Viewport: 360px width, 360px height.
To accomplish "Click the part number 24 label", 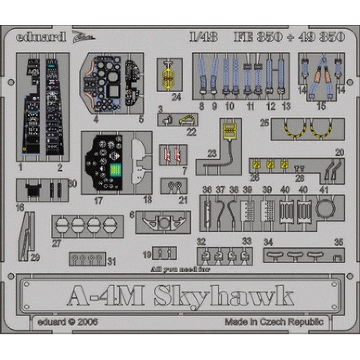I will click(176, 97).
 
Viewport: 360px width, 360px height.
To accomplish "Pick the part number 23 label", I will click(212, 154).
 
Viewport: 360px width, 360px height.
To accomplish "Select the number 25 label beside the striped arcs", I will click(265, 122).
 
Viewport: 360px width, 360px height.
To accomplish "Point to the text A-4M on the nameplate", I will click(106, 296).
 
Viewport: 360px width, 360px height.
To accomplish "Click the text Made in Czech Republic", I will click(274, 322).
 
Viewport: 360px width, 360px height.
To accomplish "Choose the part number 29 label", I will click(35, 257).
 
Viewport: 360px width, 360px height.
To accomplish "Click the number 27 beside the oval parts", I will click(56, 243).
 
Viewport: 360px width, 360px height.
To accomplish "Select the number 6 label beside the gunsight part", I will click(132, 216).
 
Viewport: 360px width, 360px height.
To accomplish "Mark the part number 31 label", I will click(112, 261).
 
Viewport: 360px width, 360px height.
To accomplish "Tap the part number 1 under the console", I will click(21, 168).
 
